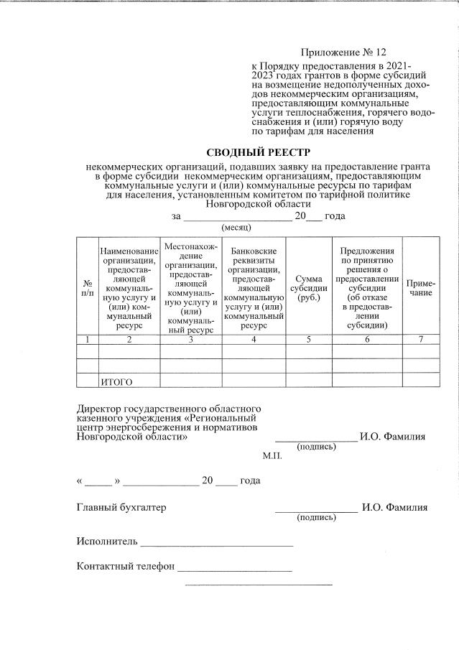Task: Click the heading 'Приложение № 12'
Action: [343, 52]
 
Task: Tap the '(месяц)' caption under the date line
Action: [236, 227]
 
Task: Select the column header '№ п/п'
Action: [87, 287]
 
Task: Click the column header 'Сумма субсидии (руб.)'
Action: [308, 287]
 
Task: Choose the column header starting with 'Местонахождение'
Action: [190, 287]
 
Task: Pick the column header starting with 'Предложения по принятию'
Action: [367, 287]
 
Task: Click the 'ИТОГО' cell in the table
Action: [116, 381]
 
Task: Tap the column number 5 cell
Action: [308, 340]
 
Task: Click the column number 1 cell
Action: [87, 340]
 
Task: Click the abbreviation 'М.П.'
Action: [272, 455]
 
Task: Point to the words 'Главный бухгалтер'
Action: [121, 507]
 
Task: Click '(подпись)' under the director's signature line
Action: [316, 446]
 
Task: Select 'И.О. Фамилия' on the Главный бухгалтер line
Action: [394, 507]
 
